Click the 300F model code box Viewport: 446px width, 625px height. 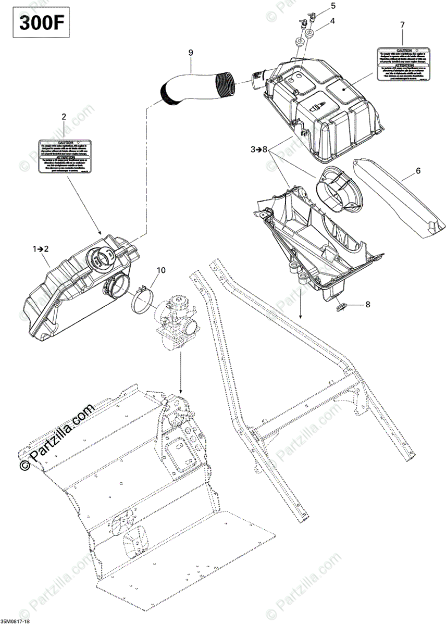pyautogui.click(x=38, y=23)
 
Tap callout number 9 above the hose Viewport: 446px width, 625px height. pyautogui.click(x=191, y=53)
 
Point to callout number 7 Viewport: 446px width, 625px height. pyautogui.click(x=402, y=24)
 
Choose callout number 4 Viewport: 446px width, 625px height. pyautogui.click(x=332, y=21)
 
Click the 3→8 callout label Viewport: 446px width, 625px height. pyautogui.click(x=258, y=149)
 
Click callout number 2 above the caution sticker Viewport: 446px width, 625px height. pyautogui.click(x=64, y=117)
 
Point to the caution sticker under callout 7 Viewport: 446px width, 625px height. pyautogui.click(x=404, y=64)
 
